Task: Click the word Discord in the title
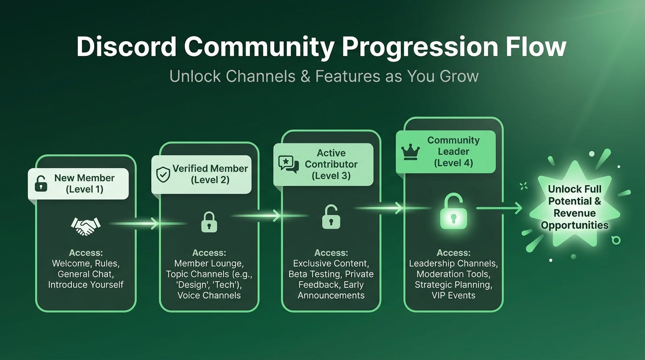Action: [x=127, y=47]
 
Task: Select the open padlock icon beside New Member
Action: [x=41, y=184]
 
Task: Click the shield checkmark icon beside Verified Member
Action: [x=163, y=174]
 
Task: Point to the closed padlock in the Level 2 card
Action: [x=209, y=222]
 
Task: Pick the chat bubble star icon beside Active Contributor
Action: [x=288, y=164]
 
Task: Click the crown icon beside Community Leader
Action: [x=410, y=151]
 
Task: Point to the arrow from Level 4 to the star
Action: [x=500, y=208]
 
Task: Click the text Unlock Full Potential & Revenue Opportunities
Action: [x=575, y=207]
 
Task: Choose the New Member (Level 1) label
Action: [x=84, y=184]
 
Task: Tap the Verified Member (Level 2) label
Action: [x=210, y=174]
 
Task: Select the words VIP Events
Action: [x=453, y=295]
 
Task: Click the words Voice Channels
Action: [x=209, y=295]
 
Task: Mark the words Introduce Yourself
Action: [x=86, y=285]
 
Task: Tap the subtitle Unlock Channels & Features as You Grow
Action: [x=324, y=76]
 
